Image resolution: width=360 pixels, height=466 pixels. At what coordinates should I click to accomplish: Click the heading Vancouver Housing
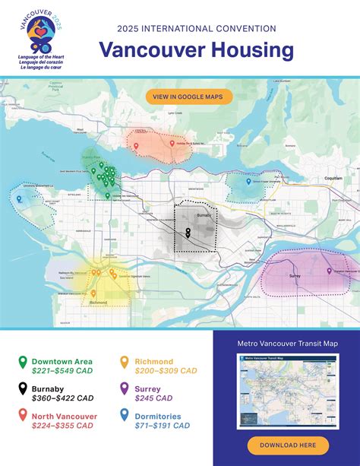(x=197, y=51)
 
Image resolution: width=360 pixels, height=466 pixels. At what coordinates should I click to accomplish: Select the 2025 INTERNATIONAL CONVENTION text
(x=197, y=29)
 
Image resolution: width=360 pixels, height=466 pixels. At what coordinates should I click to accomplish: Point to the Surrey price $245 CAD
(x=154, y=398)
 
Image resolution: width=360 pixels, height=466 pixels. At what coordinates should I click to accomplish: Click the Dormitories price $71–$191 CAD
(x=162, y=426)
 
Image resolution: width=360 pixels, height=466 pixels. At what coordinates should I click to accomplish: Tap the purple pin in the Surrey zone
(x=328, y=271)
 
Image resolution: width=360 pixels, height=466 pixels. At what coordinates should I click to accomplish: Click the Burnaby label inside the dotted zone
(x=203, y=216)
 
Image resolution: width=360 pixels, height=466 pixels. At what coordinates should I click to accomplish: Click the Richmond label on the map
(x=98, y=302)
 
